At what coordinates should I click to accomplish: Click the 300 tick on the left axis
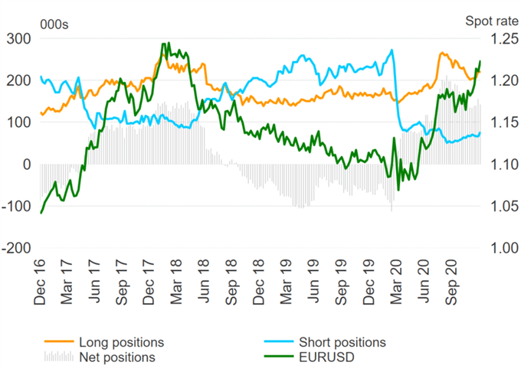pos(18,38)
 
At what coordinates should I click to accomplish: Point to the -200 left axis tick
pos(16,249)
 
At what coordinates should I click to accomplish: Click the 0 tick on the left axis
pos(26,165)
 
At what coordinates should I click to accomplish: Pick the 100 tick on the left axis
pos(18,122)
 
